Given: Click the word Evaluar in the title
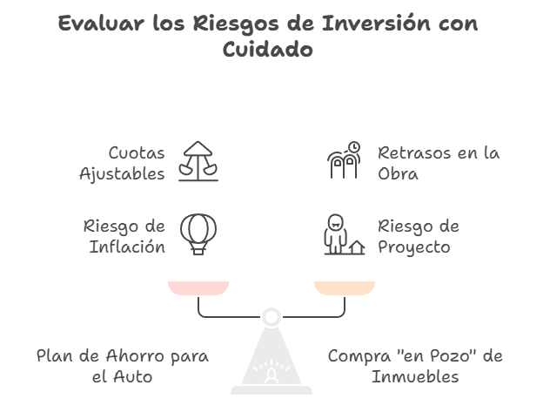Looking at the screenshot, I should pos(94,24).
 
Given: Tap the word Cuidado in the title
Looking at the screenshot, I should pos(267,50).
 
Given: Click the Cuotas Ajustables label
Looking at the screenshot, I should pos(122,163).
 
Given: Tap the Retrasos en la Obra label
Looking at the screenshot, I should pos(438,163).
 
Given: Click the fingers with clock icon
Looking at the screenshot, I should pos(344,161).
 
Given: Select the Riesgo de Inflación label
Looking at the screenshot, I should pos(124,236).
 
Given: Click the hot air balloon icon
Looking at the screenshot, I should pos(198,234).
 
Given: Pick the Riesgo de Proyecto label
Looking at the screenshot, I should pos(419,236).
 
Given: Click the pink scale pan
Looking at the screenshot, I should pos(198,287).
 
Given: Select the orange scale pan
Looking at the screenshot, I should pos(345,287).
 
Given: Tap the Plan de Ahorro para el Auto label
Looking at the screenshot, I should pos(123,367).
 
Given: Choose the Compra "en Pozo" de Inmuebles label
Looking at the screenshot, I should pos(415,367).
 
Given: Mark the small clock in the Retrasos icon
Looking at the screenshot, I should pos(353,147).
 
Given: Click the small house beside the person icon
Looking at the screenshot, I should pos(355,247).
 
